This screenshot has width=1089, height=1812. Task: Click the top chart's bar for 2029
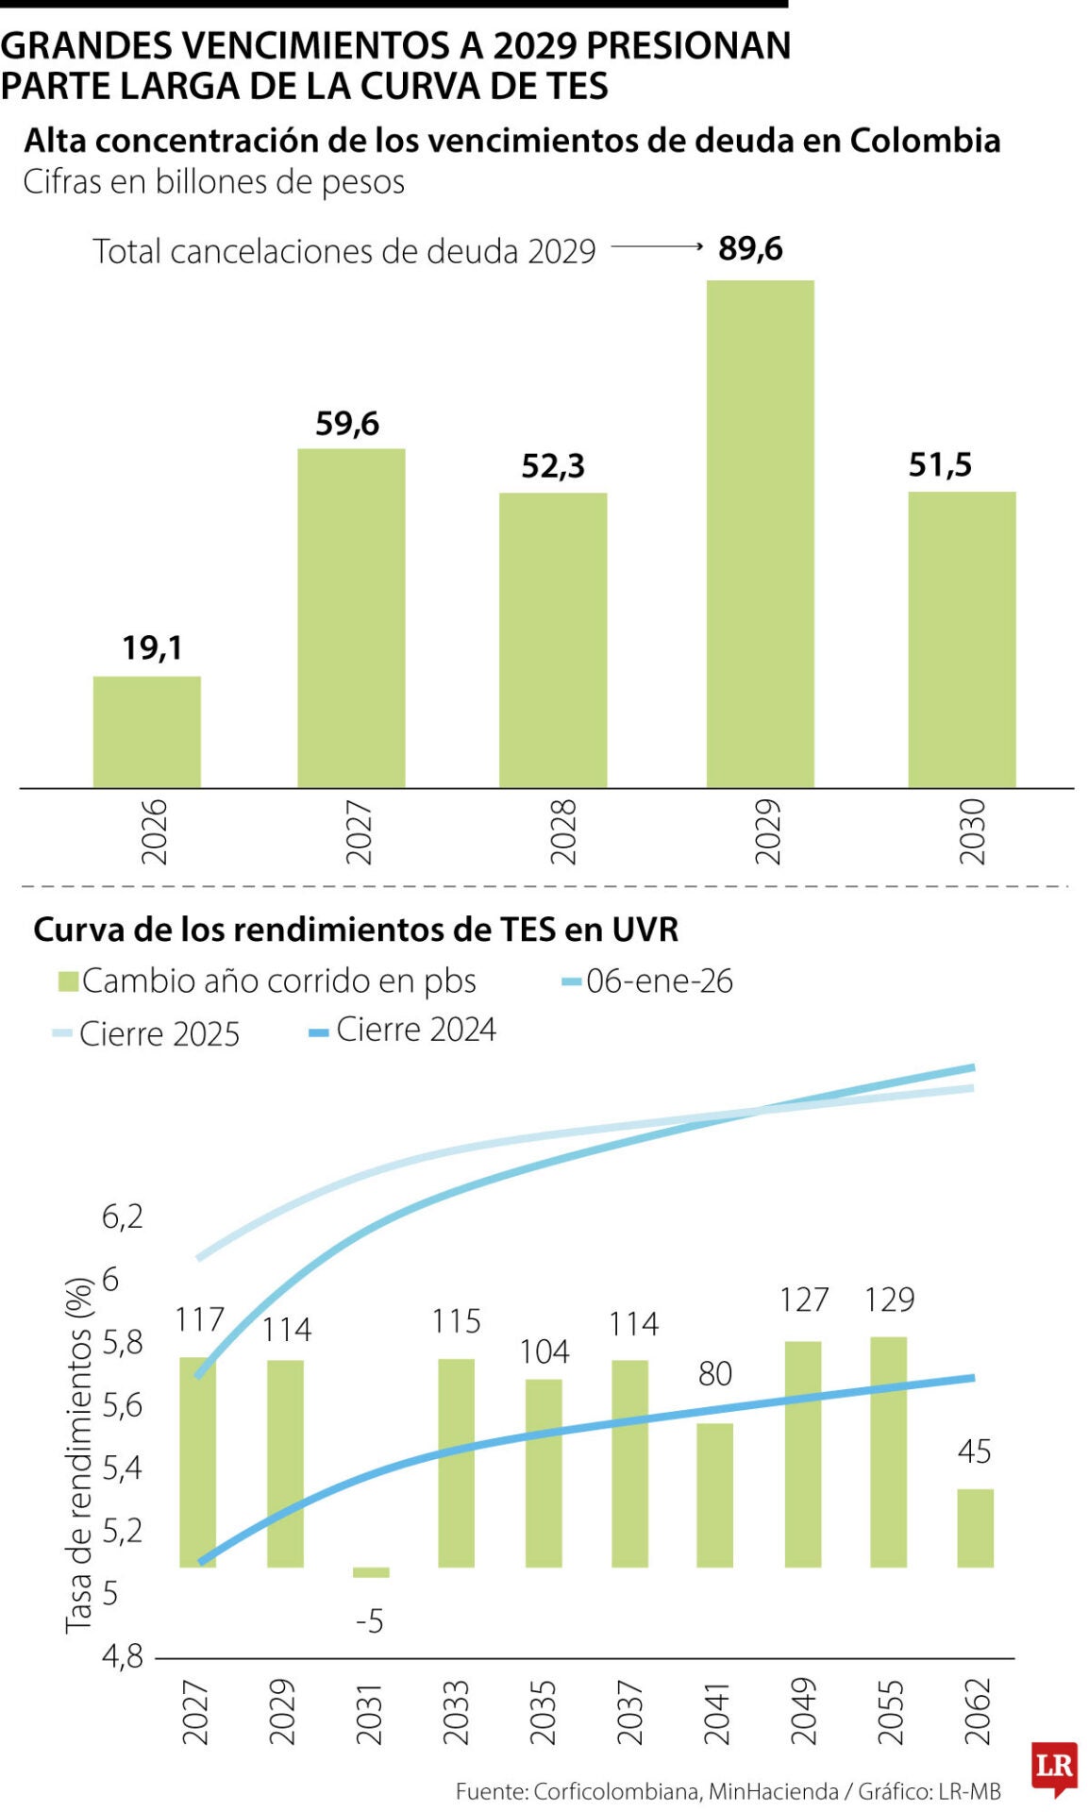(x=760, y=533)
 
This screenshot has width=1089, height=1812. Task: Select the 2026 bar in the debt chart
(x=147, y=731)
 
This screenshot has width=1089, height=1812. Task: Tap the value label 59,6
(x=347, y=423)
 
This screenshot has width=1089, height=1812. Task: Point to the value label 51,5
(x=940, y=464)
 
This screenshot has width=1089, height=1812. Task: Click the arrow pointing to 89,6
(x=657, y=247)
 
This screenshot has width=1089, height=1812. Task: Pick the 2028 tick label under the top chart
(x=563, y=830)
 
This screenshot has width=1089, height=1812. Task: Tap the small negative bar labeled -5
(x=371, y=1572)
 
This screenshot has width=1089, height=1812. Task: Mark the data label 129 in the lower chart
(x=890, y=1300)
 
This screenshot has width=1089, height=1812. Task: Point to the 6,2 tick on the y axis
(x=123, y=1216)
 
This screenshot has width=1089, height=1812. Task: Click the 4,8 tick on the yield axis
(x=123, y=1655)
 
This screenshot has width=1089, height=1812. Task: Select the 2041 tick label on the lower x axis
(x=716, y=1713)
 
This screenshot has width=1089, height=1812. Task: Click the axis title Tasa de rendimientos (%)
(x=79, y=1454)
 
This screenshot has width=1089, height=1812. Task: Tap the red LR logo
(x=1054, y=1766)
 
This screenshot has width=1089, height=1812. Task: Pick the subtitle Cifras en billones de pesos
(x=214, y=181)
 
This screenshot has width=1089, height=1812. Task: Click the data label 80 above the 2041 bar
(x=715, y=1373)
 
